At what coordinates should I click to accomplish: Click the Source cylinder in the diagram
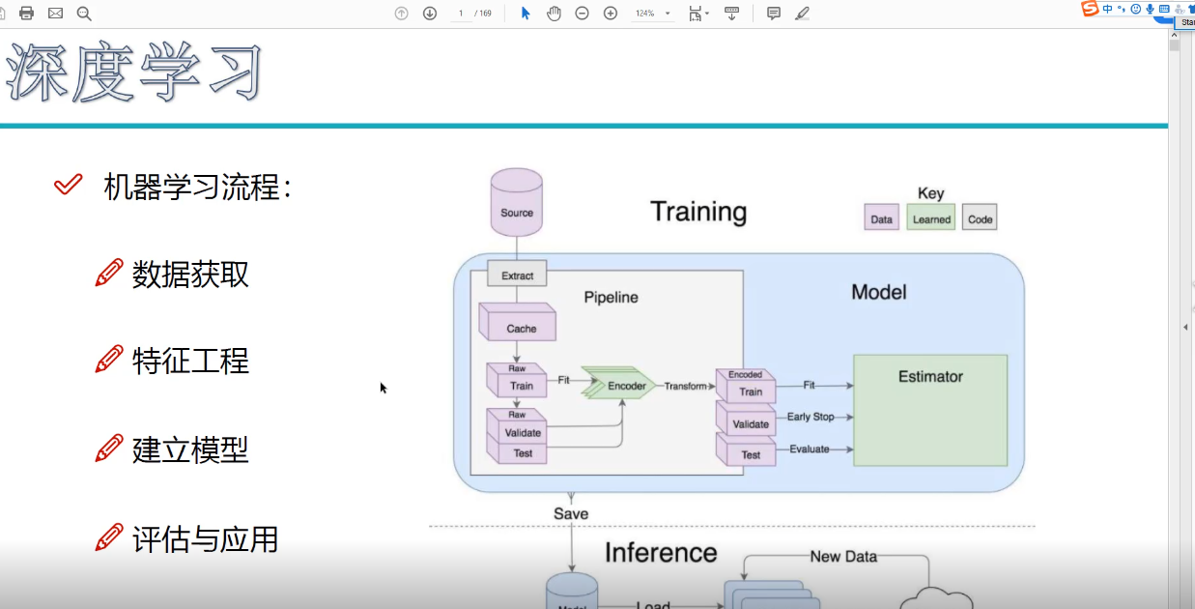pyautogui.click(x=516, y=203)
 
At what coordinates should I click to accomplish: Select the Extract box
pyautogui.click(x=517, y=275)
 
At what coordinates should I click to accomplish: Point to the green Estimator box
pyautogui.click(x=930, y=410)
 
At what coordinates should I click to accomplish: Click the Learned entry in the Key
pyautogui.click(x=931, y=218)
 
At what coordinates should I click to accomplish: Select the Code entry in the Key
pyautogui.click(x=980, y=218)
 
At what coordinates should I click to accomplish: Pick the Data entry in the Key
pyautogui.click(x=881, y=218)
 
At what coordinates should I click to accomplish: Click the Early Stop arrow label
pyautogui.click(x=810, y=417)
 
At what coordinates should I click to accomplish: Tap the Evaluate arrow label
pyautogui.click(x=809, y=449)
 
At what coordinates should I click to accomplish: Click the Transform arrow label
pyautogui.click(x=686, y=386)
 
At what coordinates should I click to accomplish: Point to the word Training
pyautogui.click(x=698, y=212)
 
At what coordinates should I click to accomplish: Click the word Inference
pyautogui.click(x=661, y=553)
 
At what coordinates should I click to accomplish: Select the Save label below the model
pyautogui.click(x=571, y=513)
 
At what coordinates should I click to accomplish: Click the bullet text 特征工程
pyautogui.click(x=190, y=362)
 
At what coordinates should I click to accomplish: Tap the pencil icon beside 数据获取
pyautogui.click(x=109, y=274)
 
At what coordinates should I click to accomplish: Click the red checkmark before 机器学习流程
pyautogui.click(x=68, y=185)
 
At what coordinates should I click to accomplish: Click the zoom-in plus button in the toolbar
pyautogui.click(x=611, y=13)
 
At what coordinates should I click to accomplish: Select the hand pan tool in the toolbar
pyautogui.click(x=554, y=13)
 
